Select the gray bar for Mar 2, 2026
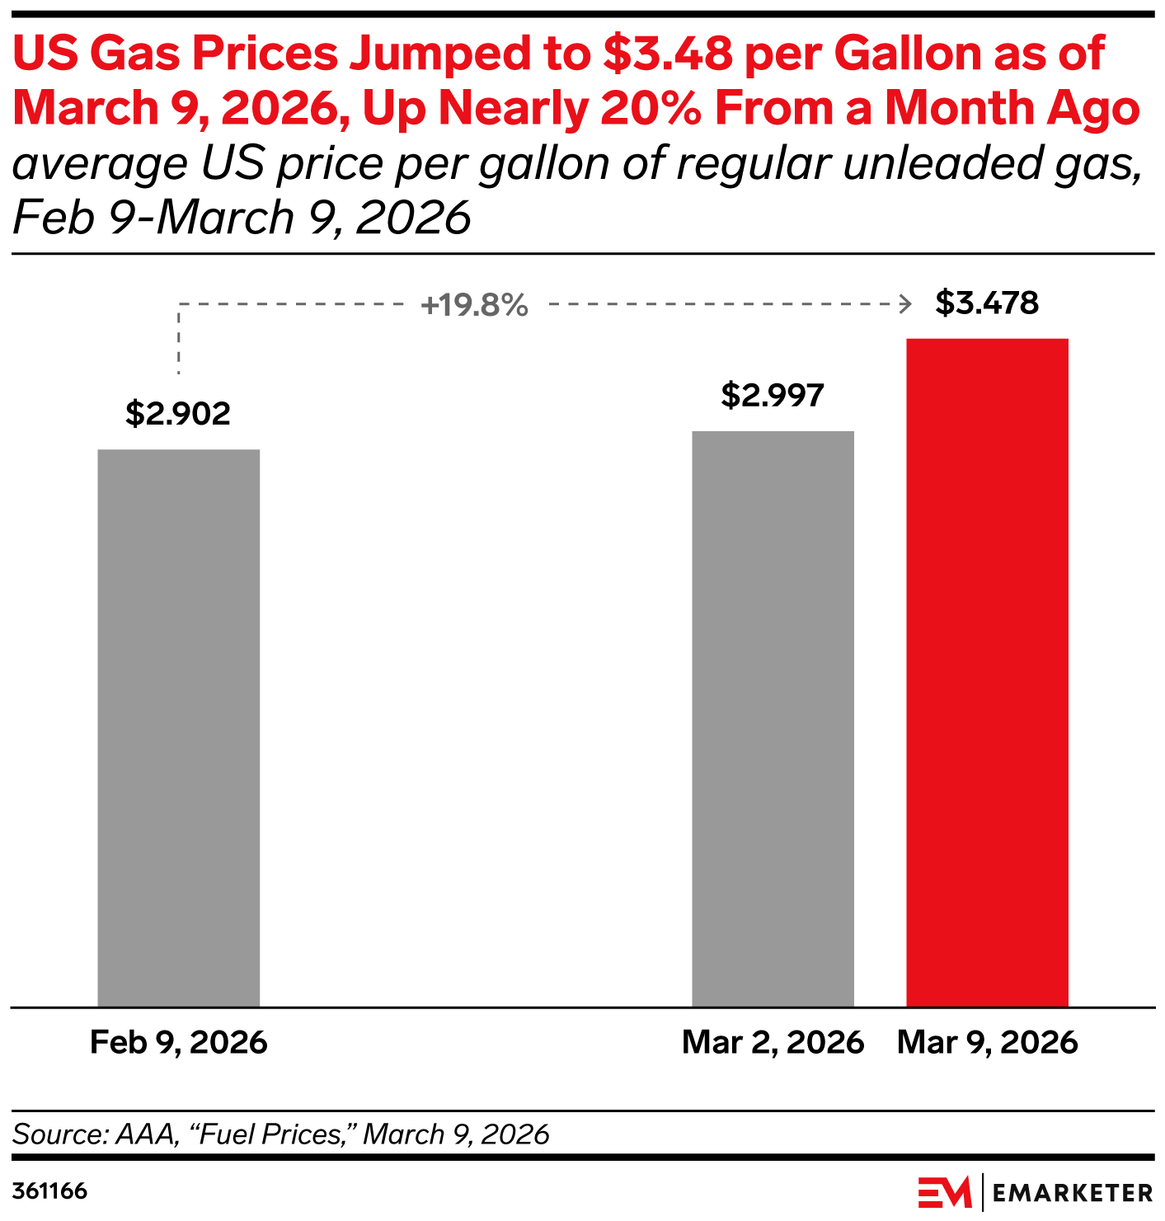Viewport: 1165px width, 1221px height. [773, 718]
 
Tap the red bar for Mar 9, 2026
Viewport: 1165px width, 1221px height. [987, 672]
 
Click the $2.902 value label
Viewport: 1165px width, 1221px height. [178, 413]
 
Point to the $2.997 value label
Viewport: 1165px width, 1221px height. [773, 395]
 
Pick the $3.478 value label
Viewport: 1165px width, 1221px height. [987, 303]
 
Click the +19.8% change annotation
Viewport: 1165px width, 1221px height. [474, 305]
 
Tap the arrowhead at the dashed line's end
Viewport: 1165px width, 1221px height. [906, 304]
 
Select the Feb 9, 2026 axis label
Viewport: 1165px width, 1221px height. [178, 1042]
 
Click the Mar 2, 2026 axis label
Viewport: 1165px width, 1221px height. [773, 1042]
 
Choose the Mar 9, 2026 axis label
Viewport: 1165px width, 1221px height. [987, 1042]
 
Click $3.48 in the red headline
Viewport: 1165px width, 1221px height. [668, 54]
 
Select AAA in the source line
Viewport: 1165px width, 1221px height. [146, 1134]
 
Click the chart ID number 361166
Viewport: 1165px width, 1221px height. [49, 1191]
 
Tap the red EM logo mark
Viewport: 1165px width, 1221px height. [945, 1192]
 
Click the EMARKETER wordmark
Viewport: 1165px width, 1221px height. [1072, 1192]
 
